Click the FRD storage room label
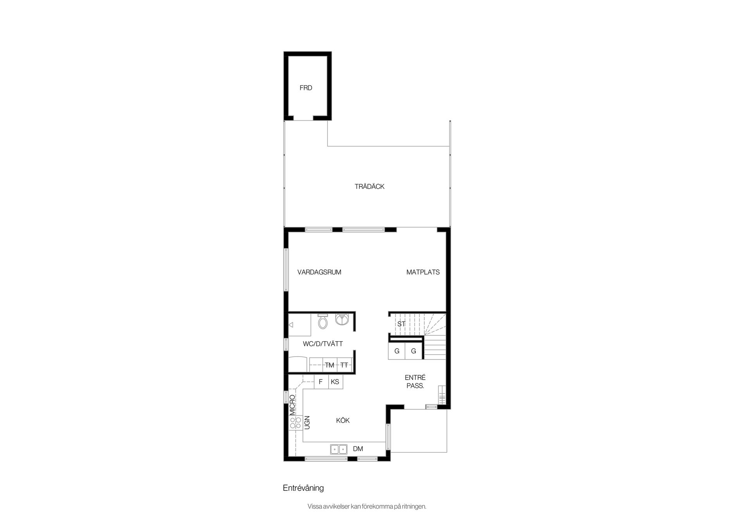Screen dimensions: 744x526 [x=306, y=88]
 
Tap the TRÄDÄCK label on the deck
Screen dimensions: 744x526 [x=370, y=186]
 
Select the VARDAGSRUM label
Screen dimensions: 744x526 [x=319, y=272]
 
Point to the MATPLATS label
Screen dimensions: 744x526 [x=423, y=272]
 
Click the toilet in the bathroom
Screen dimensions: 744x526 [x=323, y=321]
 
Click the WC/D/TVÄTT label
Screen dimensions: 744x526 [x=323, y=343]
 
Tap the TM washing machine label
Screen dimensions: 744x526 [x=329, y=365]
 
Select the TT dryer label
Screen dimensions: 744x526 [x=344, y=365]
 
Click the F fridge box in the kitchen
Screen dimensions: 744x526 [x=321, y=382]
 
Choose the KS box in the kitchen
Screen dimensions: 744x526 [x=336, y=382]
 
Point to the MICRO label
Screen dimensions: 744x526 [x=293, y=405]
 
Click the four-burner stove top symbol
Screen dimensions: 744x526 [x=296, y=423]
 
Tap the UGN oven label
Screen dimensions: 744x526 [x=307, y=423]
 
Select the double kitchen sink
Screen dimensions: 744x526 [x=339, y=449]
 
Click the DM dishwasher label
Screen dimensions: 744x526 [x=358, y=449]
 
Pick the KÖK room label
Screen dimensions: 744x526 [x=343, y=420]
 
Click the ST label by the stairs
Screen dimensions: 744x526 [x=401, y=324]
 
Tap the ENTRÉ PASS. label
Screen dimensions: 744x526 [x=415, y=381]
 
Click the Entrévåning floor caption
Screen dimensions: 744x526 [x=303, y=488]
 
